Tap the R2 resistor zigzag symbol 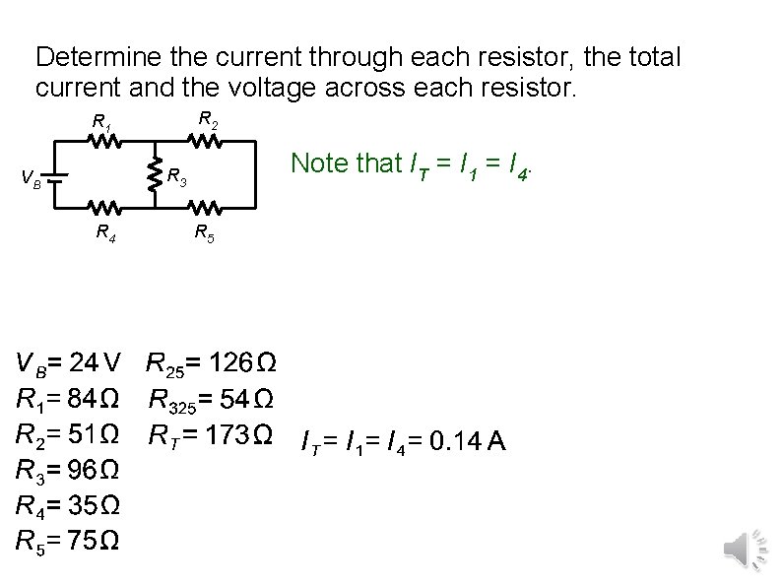tap(205, 142)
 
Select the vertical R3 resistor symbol tap(154, 175)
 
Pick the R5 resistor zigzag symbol tap(205, 209)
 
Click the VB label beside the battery tap(32, 180)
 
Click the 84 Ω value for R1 tap(98, 400)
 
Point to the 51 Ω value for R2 tap(98, 433)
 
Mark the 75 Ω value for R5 tap(98, 540)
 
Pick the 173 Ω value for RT tap(243, 433)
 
